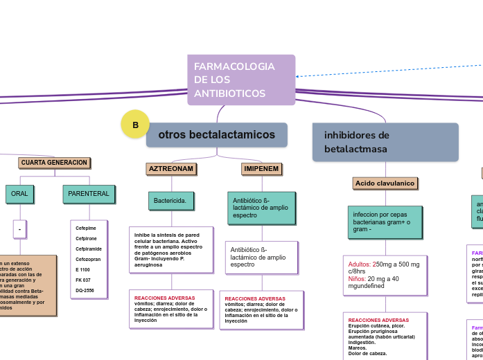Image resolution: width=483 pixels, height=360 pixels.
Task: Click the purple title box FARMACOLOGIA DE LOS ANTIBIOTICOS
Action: tap(240, 80)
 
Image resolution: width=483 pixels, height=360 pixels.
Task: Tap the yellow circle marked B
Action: tap(135, 125)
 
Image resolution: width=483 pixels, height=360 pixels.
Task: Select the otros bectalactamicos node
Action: tap(216, 134)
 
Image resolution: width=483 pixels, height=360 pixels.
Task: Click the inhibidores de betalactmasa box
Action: tap(385, 142)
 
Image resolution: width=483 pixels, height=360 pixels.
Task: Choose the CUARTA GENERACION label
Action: tap(54, 163)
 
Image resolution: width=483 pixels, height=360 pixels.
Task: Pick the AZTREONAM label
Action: tap(171, 169)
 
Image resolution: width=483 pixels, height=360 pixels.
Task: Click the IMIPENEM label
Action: tap(261, 169)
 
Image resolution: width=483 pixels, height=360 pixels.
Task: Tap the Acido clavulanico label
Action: tap(385, 183)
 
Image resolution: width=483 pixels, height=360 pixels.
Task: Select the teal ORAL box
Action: tap(19, 194)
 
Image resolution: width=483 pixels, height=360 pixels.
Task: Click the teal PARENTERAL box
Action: tap(89, 194)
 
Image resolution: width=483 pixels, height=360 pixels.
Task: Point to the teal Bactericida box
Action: tap(170, 201)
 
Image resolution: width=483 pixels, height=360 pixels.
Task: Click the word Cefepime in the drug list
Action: tap(86, 228)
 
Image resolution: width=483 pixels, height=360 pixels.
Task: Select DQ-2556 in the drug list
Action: tap(85, 290)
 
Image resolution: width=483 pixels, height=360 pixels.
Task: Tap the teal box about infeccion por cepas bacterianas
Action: tap(385, 222)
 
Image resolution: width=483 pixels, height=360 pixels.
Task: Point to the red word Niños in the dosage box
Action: tap(357, 278)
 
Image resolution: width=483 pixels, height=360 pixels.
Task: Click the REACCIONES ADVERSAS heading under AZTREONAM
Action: tap(164, 298)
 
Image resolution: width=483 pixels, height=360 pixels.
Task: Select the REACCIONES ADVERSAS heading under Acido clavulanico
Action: tap(378, 320)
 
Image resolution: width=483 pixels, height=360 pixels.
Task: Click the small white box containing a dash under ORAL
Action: tap(19, 228)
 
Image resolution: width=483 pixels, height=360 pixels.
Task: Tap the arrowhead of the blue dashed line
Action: tap(297, 76)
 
